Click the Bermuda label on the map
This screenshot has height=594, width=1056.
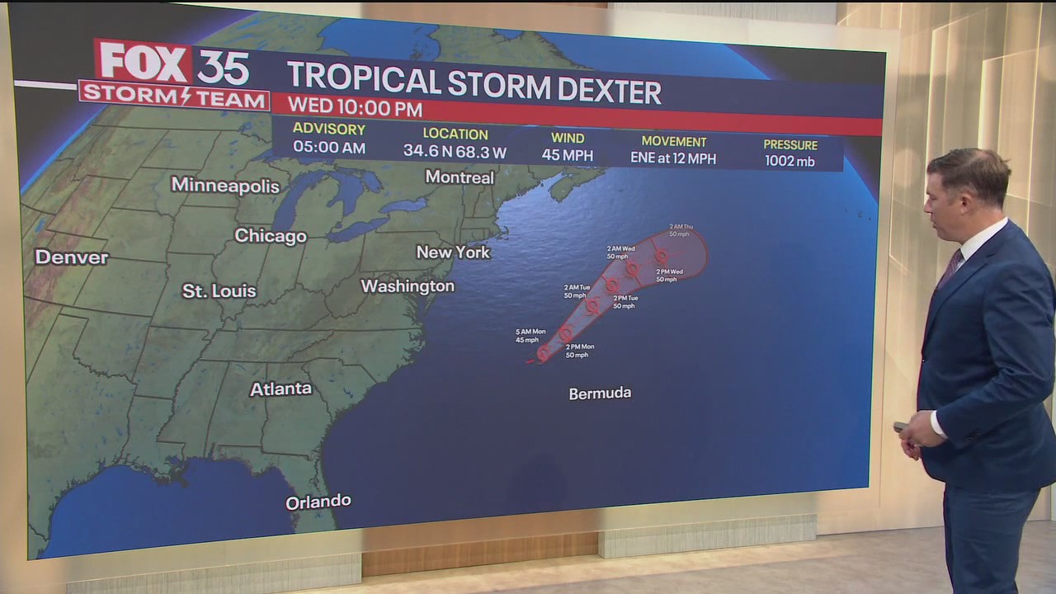(600, 394)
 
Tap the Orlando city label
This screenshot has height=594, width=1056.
(318, 502)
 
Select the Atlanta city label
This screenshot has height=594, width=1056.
(280, 389)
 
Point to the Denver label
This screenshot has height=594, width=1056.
(71, 257)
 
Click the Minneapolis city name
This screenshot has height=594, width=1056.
(225, 186)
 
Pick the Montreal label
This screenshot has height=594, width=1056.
(460, 177)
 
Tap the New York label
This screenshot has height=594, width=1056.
(453, 252)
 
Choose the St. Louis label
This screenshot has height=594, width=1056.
(219, 291)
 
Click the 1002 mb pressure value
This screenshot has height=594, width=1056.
(790, 162)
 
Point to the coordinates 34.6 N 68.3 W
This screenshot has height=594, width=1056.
(455, 152)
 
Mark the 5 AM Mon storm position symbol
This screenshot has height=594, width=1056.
(544, 352)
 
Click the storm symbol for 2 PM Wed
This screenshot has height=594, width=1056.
(660, 257)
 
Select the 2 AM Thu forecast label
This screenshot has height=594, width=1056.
(681, 229)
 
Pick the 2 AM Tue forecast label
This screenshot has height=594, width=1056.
(577, 291)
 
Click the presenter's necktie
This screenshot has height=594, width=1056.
(950, 269)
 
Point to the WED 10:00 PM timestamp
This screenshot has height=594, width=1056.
(355, 109)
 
